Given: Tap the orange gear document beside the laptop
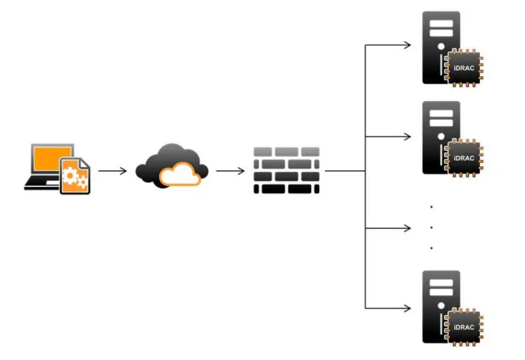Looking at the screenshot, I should click(x=74, y=176).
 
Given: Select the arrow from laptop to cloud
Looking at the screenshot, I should click(x=112, y=170).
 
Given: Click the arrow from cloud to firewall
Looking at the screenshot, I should click(x=230, y=170).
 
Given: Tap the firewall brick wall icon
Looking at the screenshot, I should click(x=286, y=170).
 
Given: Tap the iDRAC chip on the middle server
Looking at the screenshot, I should click(x=463, y=157).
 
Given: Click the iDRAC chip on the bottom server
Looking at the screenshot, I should click(x=463, y=327).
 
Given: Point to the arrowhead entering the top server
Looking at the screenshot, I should click(x=407, y=46).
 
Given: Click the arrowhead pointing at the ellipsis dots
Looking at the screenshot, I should click(x=407, y=227).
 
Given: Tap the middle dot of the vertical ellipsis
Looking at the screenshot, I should click(x=432, y=227).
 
